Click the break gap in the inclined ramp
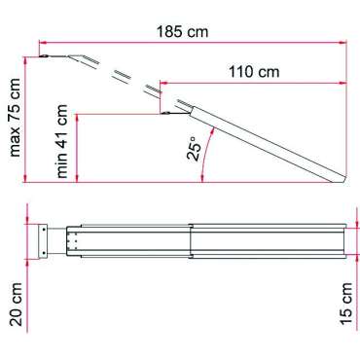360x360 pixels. click(127, 82)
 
